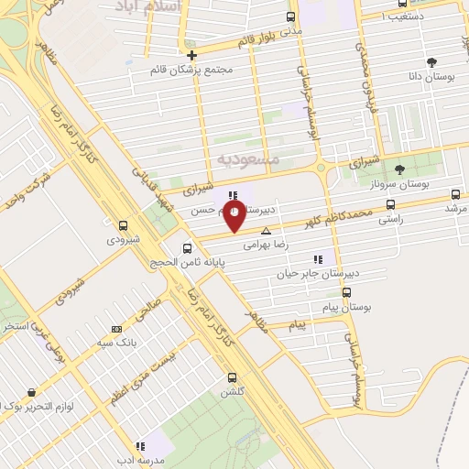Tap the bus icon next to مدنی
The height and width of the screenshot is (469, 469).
(291, 16)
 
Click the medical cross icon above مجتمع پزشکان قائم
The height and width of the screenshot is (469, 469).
(191, 55)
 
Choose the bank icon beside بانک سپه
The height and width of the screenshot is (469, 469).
(115, 328)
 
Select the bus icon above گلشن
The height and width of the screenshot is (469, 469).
(231, 376)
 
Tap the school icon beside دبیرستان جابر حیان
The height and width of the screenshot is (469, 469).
(318, 259)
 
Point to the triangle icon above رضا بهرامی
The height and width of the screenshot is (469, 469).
(266, 231)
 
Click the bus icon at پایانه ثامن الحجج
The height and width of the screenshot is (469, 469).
(188, 247)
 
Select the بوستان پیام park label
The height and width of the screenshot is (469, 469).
(352, 307)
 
